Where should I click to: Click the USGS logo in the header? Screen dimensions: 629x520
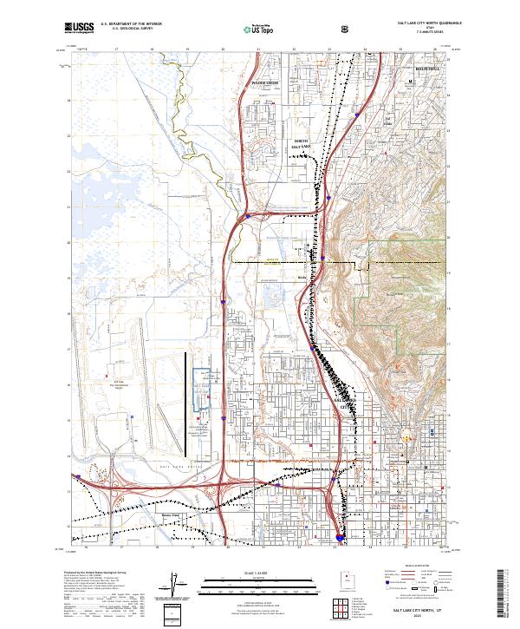79,28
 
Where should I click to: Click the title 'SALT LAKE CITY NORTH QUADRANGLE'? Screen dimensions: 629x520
429,24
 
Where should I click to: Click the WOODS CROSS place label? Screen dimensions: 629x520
264,83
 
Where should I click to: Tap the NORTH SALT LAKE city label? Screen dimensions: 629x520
301,145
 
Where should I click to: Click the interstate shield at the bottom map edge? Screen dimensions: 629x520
339,538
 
